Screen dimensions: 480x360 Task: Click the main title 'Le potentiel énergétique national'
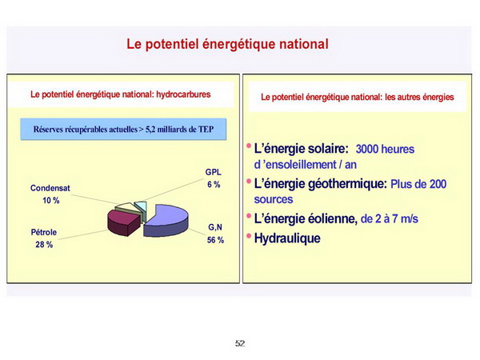coord(227,44)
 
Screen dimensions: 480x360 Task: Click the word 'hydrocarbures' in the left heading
coord(183,94)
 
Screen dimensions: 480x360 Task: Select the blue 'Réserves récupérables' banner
coord(123,129)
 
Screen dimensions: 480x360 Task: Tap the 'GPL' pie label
coord(213,172)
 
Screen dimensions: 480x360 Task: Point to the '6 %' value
coord(214,185)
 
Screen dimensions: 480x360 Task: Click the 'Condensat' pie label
coord(50,188)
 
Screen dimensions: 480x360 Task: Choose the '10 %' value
coord(51,201)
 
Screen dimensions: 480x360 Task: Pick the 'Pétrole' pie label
coord(44,232)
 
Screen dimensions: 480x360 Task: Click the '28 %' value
coord(44,245)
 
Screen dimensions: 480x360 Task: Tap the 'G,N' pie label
coord(215,227)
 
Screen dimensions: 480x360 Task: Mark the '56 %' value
coord(215,240)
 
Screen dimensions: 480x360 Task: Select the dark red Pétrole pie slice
coord(123,222)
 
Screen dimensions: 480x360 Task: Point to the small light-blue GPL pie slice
coord(141,207)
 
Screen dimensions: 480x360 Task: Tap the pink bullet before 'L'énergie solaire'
coord(249,146)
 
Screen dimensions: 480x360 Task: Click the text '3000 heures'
coord(385,149)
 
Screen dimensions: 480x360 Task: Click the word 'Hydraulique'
coord(287,238)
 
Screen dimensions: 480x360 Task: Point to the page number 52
coord(240,343)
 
